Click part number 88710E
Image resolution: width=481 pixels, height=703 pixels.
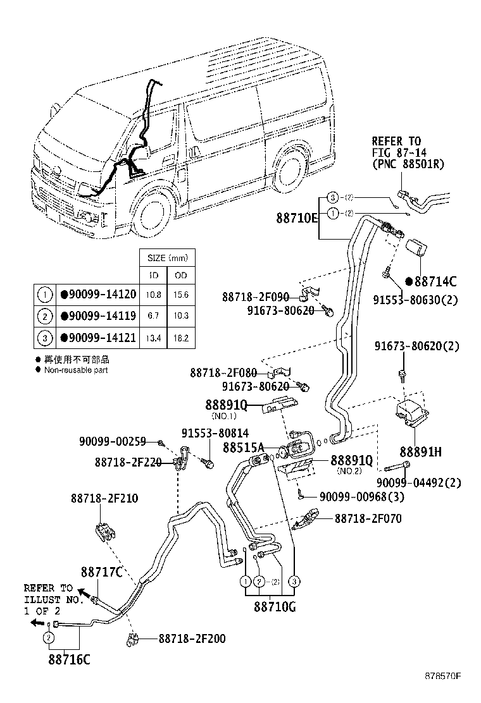point(297,218)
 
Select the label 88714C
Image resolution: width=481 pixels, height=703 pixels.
point(434,281)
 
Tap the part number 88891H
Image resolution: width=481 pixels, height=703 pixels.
point(420,452)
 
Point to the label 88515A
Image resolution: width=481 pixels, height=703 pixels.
point(243,447)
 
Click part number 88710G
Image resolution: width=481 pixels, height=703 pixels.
point(275,608)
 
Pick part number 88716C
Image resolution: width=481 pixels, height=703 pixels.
point(69,659)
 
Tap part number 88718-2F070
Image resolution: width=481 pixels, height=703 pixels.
point(368,518)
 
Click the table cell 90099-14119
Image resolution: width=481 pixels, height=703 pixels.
point(97,315)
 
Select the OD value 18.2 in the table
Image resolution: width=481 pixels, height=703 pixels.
point(181,338)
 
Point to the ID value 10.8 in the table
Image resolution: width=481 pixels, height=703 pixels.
point(153,295)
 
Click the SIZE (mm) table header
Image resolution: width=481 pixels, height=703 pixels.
point(167,258)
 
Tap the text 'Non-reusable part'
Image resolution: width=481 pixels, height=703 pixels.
point(75,370)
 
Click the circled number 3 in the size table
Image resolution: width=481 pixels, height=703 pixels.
point(45,338)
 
